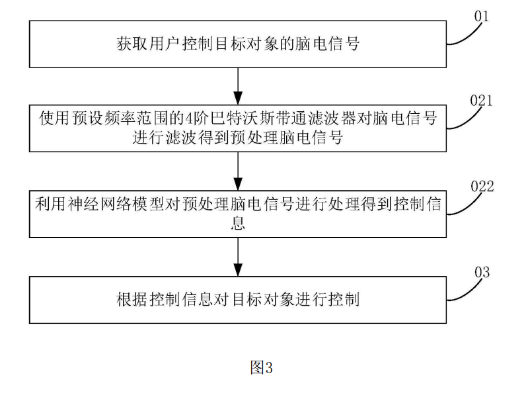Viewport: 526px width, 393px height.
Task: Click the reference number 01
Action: [481, 16]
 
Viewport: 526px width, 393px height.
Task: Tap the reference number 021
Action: [481, 100]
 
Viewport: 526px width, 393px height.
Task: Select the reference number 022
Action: [482, 186]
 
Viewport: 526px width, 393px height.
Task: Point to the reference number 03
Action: [482, 272]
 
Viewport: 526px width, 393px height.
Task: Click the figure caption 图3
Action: [261, 367]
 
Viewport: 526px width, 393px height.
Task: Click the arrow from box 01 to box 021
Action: [238, 86]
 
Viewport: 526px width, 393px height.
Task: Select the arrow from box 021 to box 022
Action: [238, 171]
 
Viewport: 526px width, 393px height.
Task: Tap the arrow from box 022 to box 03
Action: [238, 257]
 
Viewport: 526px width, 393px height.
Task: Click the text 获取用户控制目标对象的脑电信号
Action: [238, 44]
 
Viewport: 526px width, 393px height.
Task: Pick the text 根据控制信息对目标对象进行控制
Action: [238, 300]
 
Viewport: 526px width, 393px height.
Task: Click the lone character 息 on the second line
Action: [238, 222]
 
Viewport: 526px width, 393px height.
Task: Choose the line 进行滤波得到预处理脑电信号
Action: [237, 138]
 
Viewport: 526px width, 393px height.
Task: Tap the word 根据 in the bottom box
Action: [132, 300]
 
